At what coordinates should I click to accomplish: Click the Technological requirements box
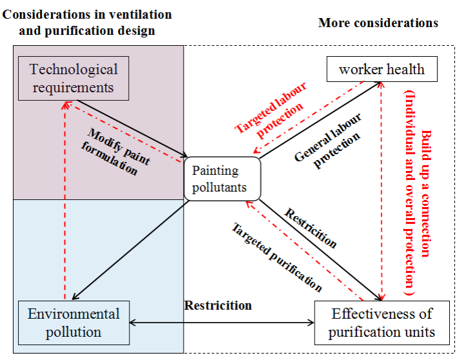(73, 78)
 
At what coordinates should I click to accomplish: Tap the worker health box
(382, 70)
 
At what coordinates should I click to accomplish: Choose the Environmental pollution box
(73, 323)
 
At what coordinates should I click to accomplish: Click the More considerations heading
(378, 23)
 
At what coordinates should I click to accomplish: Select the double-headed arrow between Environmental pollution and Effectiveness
(222, 322)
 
